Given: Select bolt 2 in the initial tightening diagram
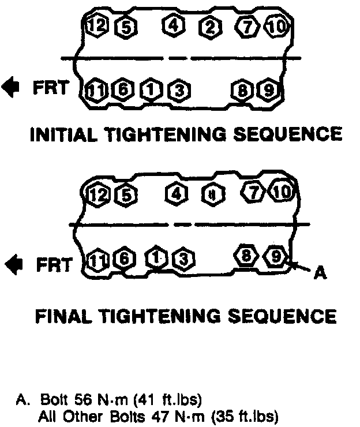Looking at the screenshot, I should point(209,26).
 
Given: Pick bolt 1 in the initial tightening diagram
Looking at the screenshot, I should point(151,90).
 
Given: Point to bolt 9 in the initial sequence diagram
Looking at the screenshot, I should point(267,90).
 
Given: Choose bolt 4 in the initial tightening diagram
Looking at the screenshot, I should point(173,25).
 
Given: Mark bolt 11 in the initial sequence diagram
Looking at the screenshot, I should point(95,90).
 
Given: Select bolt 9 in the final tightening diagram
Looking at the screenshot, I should point(275,255).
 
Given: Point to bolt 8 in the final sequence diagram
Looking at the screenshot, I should point(246,254).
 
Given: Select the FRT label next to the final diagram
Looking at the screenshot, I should point(54,265).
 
